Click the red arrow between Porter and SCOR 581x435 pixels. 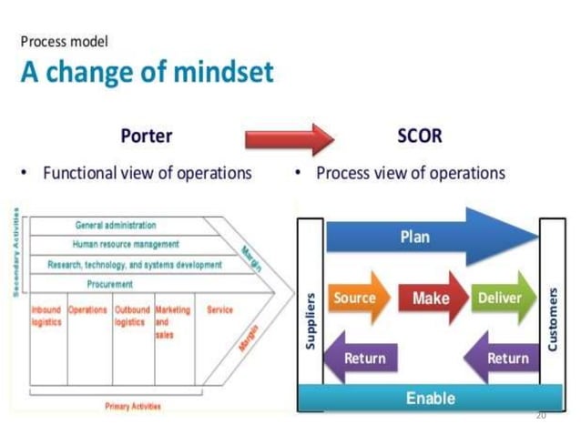point(290,139)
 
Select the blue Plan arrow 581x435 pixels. point(428,237)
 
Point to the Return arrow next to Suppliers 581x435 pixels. point(359,358)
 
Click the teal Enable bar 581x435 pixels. point(430,398)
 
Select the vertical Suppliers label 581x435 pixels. point(309,324)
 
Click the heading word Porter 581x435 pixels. point(146,137)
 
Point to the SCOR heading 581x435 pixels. point(420,137)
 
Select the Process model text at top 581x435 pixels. point(64,41)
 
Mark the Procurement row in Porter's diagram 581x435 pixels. point(110,285)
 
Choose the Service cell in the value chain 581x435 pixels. point(219,310)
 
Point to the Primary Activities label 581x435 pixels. point(129,405)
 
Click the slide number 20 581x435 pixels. point(541,415)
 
